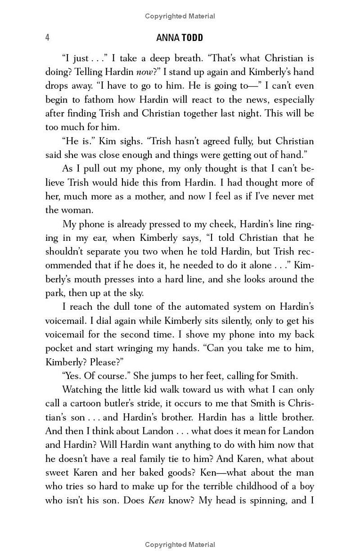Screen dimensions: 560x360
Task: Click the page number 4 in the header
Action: point(47,37)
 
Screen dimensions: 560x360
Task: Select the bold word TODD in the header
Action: point(192,38)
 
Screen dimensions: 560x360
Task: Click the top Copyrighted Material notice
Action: point(180,16)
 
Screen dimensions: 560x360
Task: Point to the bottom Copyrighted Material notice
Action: point(180,545)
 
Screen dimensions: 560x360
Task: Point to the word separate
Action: point(103,252)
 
